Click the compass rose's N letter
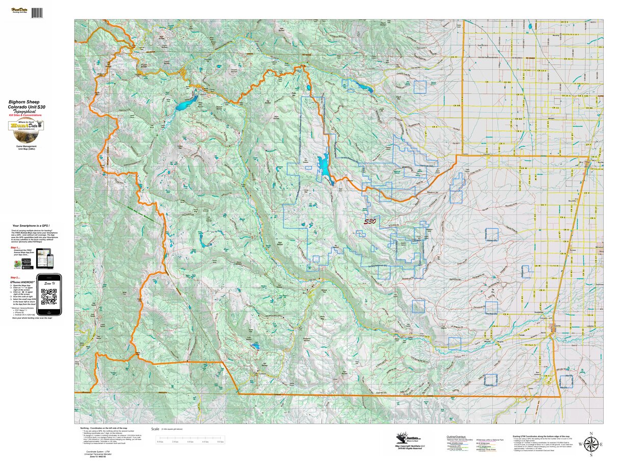[x=590, y=434]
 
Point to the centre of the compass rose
[x=590, y=443]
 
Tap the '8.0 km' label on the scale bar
[x=221, y=442]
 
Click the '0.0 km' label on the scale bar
[x=160, y=442]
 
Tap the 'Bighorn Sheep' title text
[x=26, y=101]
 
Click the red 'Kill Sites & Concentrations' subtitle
[x=26, y=115]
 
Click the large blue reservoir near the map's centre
[x=323, y=166]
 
